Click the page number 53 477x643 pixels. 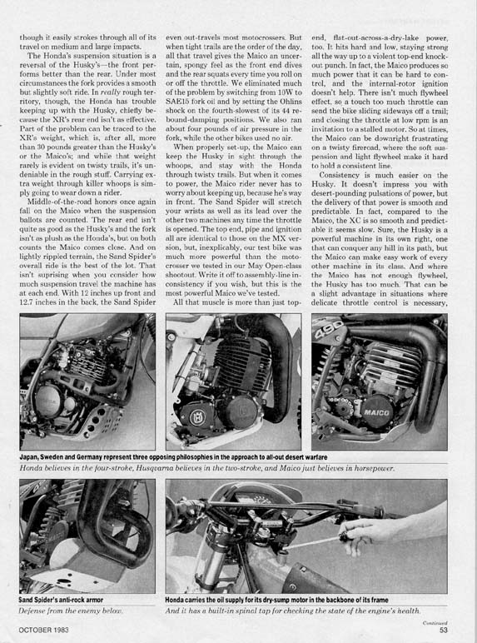pyautogui.click(x=443, y=630)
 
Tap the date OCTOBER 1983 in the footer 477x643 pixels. pyautogui.click(x=44, y=630)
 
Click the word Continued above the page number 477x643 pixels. pyautogui.click(x=435, y=623)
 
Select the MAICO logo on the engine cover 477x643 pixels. pyautogui.click(x=376, y=412)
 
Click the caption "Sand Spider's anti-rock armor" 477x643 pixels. pyautogui.click(x=61, y=600)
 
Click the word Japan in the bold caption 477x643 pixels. pyautogui.click(x=28, y=456)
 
